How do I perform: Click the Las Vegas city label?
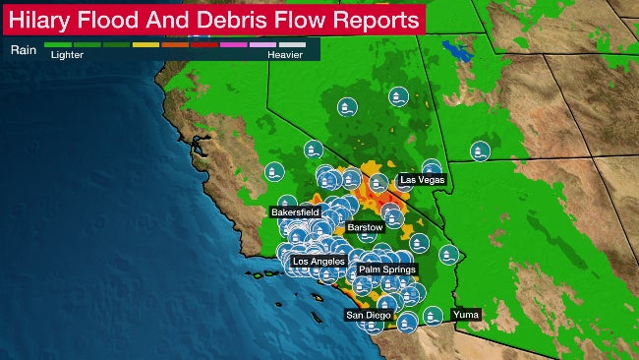(423, 180)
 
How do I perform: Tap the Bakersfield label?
(295, 212)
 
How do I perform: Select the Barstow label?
(364, 226)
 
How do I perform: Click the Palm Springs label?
(387, 269)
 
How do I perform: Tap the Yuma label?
(466, 314)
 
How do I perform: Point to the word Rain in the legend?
(23, 46)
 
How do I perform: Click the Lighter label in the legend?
(66, 56)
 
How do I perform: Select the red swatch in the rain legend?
(204, 45)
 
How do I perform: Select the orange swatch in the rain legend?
(175, 45)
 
